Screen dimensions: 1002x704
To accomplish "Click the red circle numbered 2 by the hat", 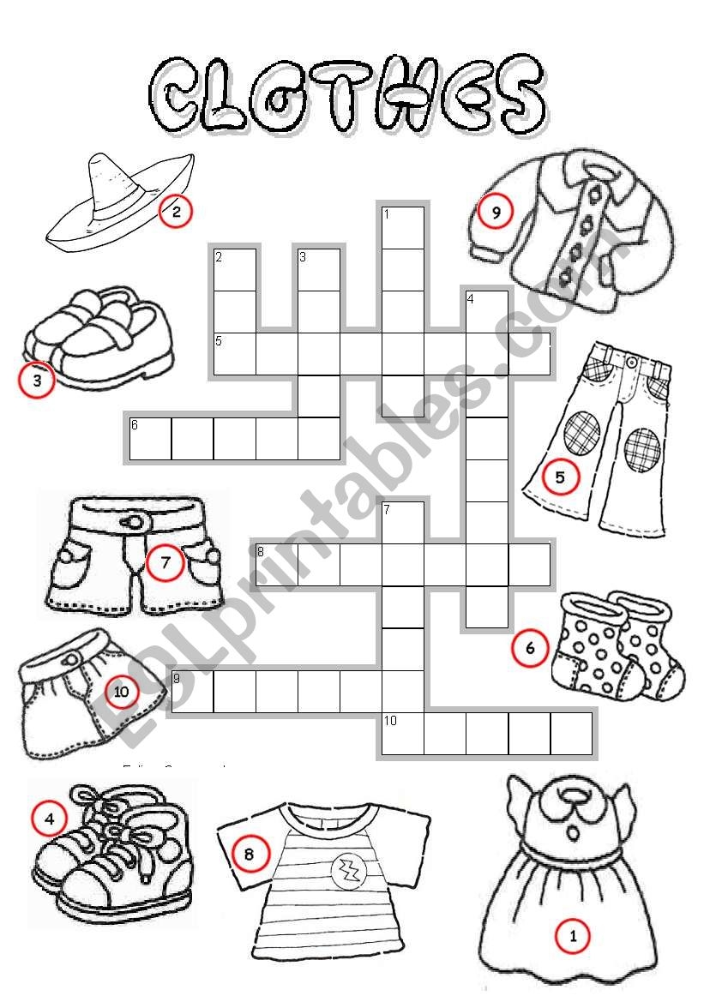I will pyautogui.click(x=176, y=211).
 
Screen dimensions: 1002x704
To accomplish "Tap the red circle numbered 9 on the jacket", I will pyautogui.click(x=495, y=211).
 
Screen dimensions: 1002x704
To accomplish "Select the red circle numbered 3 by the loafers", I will pyautogui.click(x=37, y=381).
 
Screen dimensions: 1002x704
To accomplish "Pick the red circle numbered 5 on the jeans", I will pyautogui.click(x=561, y=477).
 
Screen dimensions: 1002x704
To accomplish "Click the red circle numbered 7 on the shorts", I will pyautogui.click(x=165, y=563).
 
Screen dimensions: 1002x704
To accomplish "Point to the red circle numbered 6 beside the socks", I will pyautogui.click(x=529, y=648).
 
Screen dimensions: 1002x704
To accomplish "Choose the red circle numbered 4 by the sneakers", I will pyautogui.click(x=49, y=819).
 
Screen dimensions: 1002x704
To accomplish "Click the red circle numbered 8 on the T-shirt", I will pyautogui.click(x=250, y=853).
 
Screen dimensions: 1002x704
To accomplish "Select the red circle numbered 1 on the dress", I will pyautogui.click(x=574, y=936).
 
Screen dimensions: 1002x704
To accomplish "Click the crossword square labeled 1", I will pyautogui.click(x=403, y=227).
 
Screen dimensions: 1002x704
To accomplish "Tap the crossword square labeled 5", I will pyautogui.click(x=234, y=354).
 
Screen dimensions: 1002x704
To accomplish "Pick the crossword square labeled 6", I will pyautogui.click(x=150, y=438).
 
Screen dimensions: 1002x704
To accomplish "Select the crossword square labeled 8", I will pyautogui.click(x=276, y=564).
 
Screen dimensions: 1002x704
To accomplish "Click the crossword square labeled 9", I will pyautogui.click(x=192, y=691).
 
